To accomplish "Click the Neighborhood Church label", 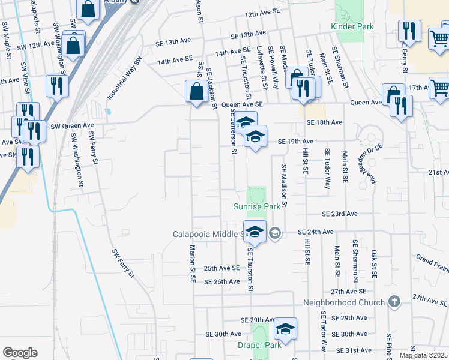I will pos(343,302).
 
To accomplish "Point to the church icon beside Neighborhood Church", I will pos(394,301).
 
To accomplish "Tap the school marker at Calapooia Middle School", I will pos(255,233).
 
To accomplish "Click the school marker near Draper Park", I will pos(285,329).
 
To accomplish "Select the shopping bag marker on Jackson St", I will pos(196,92).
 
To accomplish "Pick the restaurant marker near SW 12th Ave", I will pos(58,85).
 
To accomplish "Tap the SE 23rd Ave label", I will pos(339,214).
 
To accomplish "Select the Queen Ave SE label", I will pos(243,104).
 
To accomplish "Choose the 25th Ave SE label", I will pos(221,268).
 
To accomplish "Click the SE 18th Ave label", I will pos(324,122).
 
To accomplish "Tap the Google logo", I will pos(20,353).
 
